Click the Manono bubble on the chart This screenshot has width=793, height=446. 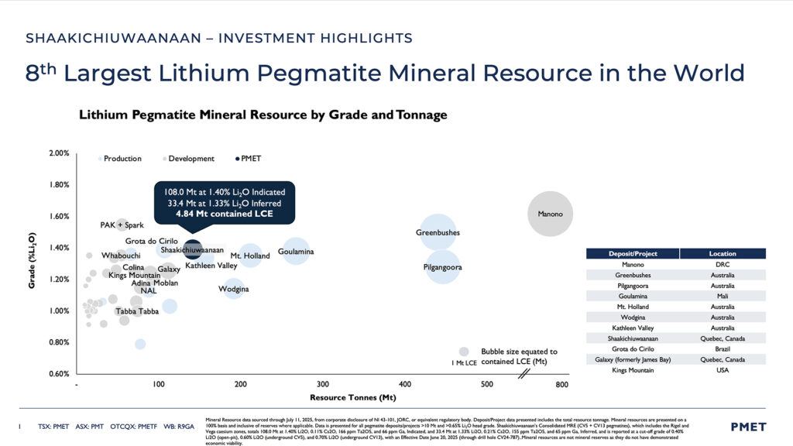click(x=550, y=214)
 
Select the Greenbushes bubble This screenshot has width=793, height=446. click(x=438, y=232)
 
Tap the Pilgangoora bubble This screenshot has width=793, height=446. click(x=442, y=267)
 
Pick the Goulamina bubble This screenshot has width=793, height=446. click(x=295, y=251)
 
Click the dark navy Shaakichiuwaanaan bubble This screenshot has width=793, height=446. click(x=193, y=251)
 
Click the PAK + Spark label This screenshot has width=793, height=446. click(x=122, y=225)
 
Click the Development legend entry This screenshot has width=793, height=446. click(x=188, y=159)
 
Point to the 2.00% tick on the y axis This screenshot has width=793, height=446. click(x=59, y=153)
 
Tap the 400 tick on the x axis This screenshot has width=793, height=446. click(x=404, y=384)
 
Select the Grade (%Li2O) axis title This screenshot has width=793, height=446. click(x=32, y=261)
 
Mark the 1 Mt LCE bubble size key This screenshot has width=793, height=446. click(x=464, y=352)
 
